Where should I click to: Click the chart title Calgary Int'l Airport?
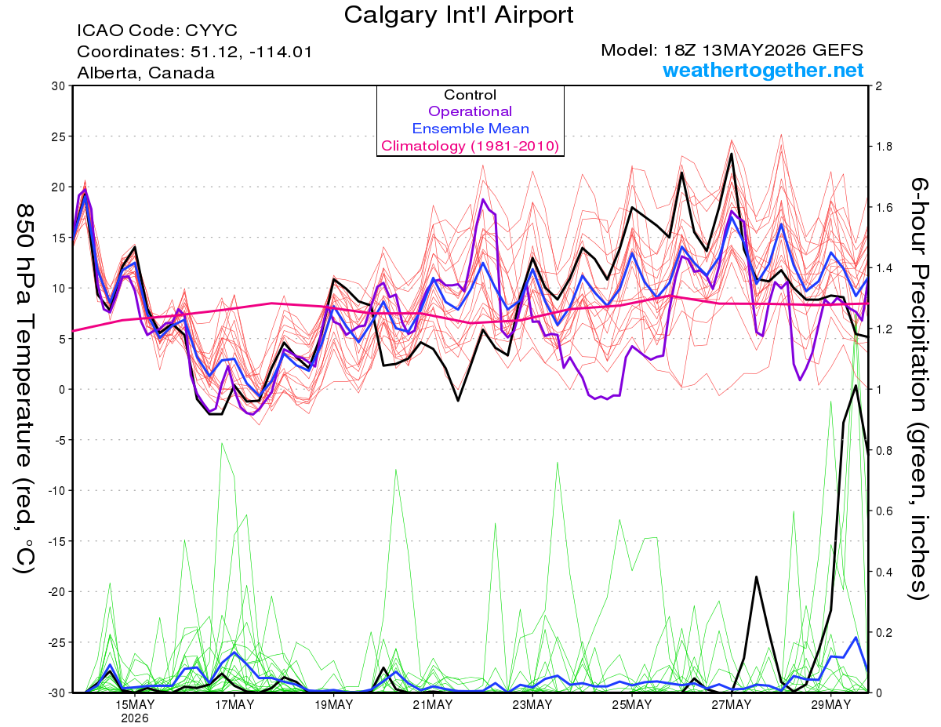458,15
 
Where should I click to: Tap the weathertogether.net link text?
763,70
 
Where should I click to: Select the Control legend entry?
470,95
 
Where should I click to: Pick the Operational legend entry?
470,111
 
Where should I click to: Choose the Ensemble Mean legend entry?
470,129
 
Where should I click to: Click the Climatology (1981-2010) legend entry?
470,146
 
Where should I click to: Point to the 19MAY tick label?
333,705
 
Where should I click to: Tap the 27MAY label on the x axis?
732,705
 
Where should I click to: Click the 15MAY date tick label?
135,705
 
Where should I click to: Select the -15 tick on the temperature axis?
57,541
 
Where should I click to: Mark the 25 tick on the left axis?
59,136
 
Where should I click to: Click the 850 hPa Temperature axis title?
25,389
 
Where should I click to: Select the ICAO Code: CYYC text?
157,31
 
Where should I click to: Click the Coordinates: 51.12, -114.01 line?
194,52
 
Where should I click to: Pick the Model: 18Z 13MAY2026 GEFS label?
732,50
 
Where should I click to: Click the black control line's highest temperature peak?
732,154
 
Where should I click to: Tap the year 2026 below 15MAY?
135,719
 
